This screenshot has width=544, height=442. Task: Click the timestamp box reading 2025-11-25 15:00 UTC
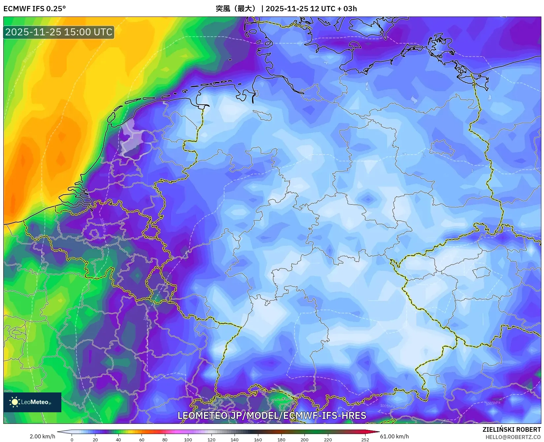(59, 32)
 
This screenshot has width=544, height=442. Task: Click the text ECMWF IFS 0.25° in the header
(35, 9)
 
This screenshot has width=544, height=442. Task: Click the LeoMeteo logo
(32, 402)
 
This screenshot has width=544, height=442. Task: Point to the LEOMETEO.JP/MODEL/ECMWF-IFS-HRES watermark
(272, 416)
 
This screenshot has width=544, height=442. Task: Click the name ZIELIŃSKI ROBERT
(512, 429)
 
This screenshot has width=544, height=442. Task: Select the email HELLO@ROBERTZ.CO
(513, 437)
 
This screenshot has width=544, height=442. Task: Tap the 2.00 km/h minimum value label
(42, 436)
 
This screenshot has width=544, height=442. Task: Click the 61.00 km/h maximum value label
(394, 436)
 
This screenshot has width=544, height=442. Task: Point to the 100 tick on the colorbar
(188, 439)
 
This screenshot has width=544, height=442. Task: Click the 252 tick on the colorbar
(365, 439)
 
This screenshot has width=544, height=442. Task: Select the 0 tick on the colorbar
(72, 439)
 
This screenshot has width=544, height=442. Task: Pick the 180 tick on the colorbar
(281, 439)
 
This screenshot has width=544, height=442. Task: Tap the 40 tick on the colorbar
(118, 439)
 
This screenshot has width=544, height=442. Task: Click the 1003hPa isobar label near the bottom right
(493, 403)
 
